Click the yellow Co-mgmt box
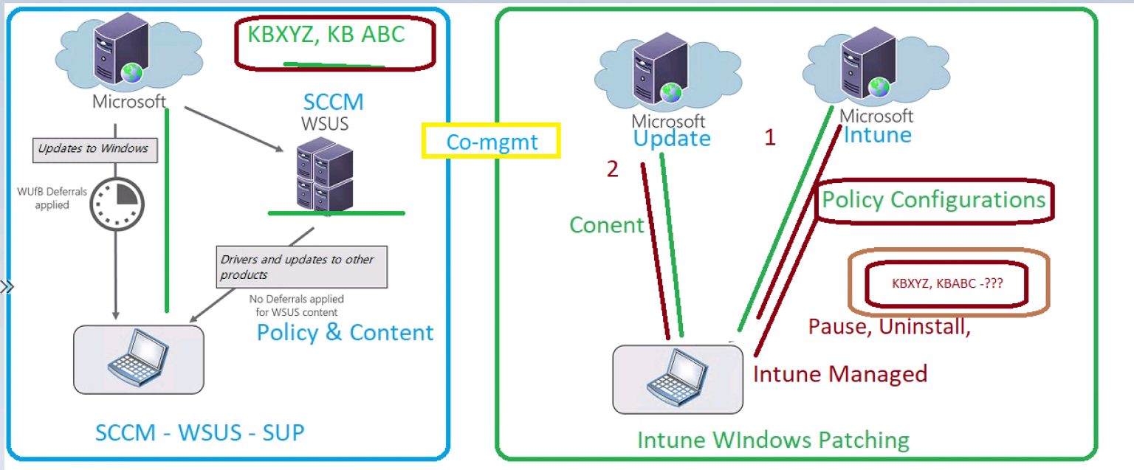pos(491,141)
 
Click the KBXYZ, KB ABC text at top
pos(326,35)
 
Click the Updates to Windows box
pos(93,149)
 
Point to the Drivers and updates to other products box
pos(301,266)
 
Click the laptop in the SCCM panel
pos(139,359)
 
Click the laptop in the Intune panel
pos(678,378)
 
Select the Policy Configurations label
pos(934,200)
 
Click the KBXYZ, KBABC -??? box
pos(947,283)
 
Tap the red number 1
pos(770,138)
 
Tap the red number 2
pos(613,169)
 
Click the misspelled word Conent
pos(607,225)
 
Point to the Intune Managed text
pos(839,374)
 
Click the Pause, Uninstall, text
pos(889,327)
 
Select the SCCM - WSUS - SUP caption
pos(199,432)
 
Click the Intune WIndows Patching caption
pos(773,440)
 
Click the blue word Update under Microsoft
pos(671,138)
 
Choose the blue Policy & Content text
pos(345,332)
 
